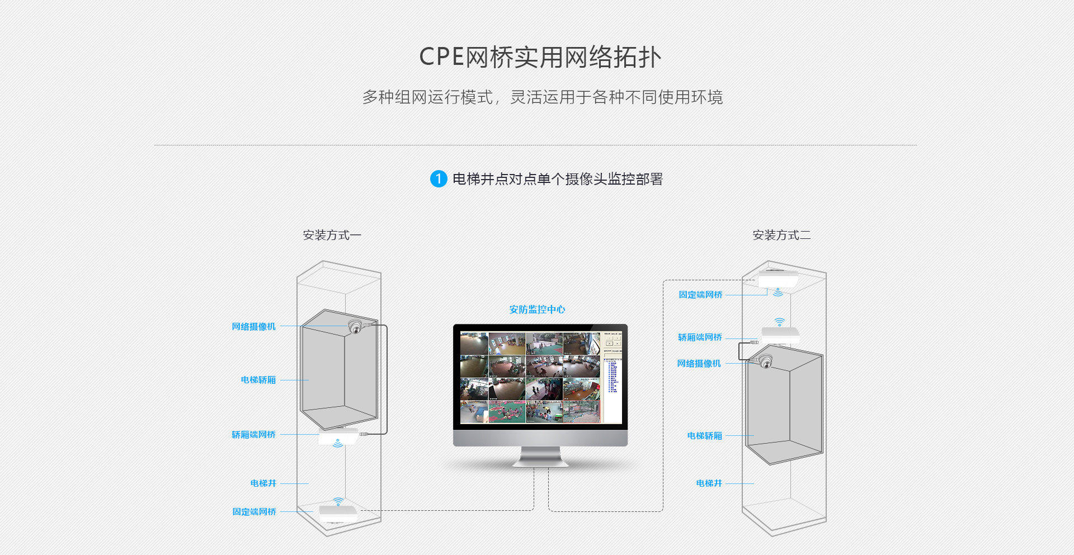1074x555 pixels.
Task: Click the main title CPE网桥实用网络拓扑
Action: point(540,57)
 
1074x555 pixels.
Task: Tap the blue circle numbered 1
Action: point(439,179)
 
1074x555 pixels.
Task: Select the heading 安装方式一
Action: point(332,235)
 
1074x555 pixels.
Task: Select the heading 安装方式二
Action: point(781,235)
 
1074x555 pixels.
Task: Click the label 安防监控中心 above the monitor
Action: point(537,309)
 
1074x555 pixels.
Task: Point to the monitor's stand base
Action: point(540,461)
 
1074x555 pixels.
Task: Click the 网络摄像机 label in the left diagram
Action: point(254,327)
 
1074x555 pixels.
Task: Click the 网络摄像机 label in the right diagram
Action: point(699,364)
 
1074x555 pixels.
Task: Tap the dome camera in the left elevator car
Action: point(355,327)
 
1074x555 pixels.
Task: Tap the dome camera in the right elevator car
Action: point(765,362)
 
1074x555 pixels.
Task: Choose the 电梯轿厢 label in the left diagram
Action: point(258,380)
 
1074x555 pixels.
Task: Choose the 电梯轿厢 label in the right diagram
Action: point(705,436)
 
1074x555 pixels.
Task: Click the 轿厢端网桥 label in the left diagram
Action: point(254,435)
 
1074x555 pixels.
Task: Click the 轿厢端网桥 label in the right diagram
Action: point(700,337)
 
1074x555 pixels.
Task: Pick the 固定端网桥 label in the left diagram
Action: point(255,512)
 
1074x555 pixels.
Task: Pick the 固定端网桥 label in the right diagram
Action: point(700,295)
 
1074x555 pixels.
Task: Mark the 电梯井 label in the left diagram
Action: point(263,483)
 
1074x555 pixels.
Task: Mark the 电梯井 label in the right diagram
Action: point(709,483)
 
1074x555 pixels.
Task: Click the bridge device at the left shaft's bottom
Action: point(338,511)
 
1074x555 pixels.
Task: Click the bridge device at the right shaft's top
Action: point(778,279)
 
